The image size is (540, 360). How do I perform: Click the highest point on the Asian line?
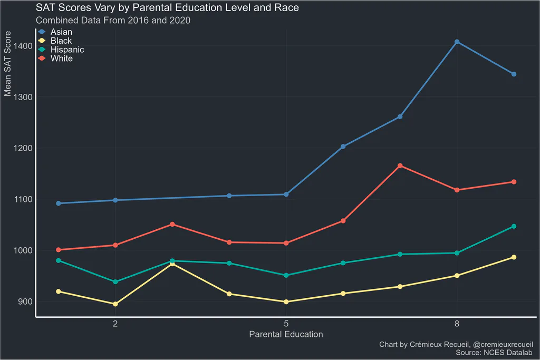coord(457,42)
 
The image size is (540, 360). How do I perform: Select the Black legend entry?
coord(55,41)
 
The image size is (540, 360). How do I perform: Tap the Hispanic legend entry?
coord(61,50)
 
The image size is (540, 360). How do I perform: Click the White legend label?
coord(62,59)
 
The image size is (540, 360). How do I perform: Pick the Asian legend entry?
coord(55,32)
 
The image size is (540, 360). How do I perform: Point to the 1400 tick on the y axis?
coord(23,46)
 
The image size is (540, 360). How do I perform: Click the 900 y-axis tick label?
coord(25,301)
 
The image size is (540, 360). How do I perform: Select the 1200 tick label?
coord(23,148)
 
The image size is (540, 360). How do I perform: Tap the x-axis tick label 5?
coord(286,324)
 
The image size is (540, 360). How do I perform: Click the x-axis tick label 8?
coord(457,324)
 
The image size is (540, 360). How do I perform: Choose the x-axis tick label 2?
coord(115,324)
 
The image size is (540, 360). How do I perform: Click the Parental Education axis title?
coord(286,334)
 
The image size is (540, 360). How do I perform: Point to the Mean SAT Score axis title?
coord(7,64)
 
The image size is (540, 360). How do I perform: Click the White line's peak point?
coord(400,166)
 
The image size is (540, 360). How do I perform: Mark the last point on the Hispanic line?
coord(514,227)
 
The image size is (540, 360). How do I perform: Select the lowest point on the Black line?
coord(115,304)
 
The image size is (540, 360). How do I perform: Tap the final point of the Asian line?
coord(514,74)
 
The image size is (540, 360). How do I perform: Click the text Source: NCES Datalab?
coord(494,353)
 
